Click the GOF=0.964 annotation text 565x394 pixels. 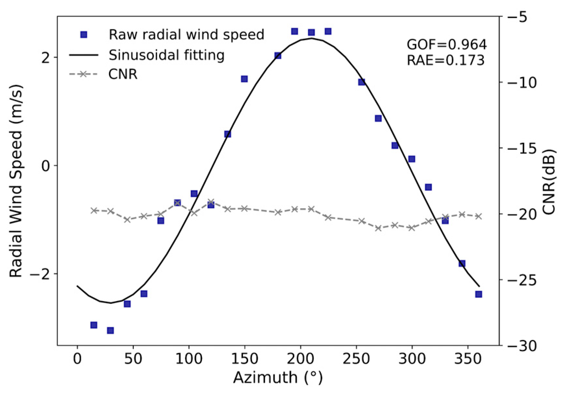point(446,44)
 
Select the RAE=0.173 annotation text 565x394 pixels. point(446,60)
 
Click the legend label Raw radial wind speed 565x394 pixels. point(186,34)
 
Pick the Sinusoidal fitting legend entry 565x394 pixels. point(166,55)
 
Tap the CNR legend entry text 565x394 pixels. point(123,74)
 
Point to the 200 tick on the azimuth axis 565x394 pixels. point(300,359)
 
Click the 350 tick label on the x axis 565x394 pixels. point(468,359)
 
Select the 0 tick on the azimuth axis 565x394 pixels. point(77,359)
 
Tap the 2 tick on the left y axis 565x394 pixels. point(46,57)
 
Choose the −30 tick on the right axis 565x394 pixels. point(521,346)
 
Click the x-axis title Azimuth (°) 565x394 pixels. point(278,377)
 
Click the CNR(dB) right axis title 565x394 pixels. point(549,182)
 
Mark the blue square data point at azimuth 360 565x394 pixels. point(478,294)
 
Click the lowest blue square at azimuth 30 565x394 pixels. point(110,330)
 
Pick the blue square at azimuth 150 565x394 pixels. point(245,79)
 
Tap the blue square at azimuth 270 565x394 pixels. point(378,118)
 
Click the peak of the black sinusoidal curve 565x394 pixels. point(311,38)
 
